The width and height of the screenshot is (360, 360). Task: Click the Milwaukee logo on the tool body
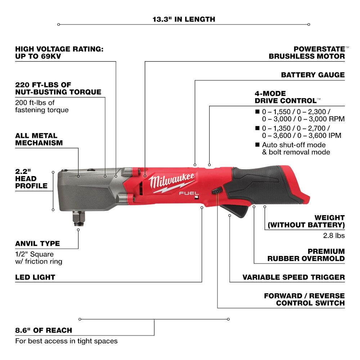[x=172, y=183]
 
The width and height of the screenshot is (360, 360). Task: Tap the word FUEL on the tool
[x=189, y=193]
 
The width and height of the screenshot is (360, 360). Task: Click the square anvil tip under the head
[x=79, y=219]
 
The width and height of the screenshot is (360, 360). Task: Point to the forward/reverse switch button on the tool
[x=217, y=190]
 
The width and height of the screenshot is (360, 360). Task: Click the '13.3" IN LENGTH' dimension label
[x=184, y=19]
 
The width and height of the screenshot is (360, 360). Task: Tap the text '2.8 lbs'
[x=334, y=235]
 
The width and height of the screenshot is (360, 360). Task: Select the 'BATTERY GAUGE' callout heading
[x=313, y=75]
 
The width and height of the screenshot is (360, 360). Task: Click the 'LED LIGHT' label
[x=35, y=277]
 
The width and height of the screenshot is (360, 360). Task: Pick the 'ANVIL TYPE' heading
[x=37, y=243]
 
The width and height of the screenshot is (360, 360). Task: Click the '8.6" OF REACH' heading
[x=44, y=330]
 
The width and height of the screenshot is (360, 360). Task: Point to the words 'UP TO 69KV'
[x=38, y=56]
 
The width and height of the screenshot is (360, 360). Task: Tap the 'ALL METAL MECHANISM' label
[x=39, y=139]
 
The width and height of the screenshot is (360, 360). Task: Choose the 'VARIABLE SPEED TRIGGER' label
[x=294, y=277]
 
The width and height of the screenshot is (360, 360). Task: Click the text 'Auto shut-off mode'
[x=294, y=145]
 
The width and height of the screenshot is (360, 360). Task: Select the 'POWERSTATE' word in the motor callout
[x=319, y=49]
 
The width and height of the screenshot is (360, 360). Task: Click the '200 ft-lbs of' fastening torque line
[x=35, y=102]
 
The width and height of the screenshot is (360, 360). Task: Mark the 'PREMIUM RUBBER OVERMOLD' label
[x=306, y=255]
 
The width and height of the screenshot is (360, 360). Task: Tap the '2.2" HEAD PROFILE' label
[x=31, y=179]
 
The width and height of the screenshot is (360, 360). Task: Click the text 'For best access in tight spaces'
[x=66, y=341]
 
